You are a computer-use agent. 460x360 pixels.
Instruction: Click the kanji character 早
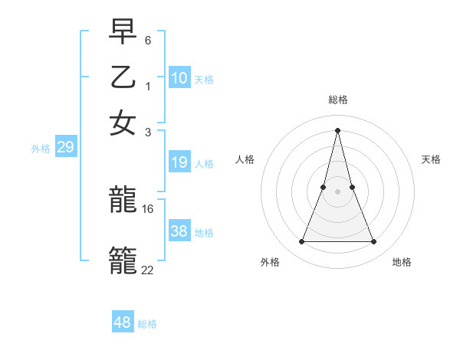123,32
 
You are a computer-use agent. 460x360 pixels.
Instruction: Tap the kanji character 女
123,123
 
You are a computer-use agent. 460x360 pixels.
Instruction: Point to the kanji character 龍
123,201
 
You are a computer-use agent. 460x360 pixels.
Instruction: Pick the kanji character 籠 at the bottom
123,259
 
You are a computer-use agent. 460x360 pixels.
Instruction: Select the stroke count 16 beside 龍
148,208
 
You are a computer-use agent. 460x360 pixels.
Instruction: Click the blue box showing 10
179,78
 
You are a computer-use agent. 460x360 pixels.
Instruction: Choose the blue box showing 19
179,162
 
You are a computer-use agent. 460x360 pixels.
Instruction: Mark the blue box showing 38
179,231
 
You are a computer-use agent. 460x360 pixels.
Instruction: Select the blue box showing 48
123,322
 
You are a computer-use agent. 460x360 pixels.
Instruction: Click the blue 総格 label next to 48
147,324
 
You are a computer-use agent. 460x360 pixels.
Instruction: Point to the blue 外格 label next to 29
40,149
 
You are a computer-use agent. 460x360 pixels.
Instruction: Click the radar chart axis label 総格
337,100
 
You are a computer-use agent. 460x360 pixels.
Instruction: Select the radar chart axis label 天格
432,159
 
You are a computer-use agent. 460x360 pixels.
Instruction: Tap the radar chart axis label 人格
245,159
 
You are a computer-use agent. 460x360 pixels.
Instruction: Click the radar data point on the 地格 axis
373,242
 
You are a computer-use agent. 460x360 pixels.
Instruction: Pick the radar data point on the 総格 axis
337,129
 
